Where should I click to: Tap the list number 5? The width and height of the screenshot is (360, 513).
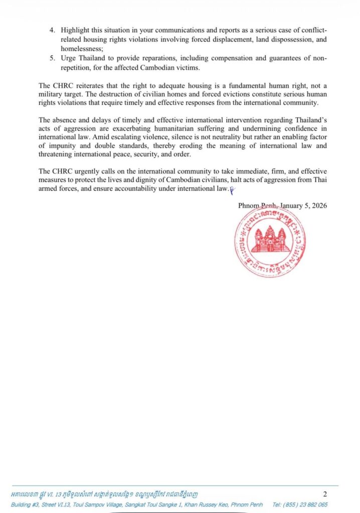tap(52, 59)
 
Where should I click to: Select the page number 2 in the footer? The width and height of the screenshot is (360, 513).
tap(324, 494)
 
